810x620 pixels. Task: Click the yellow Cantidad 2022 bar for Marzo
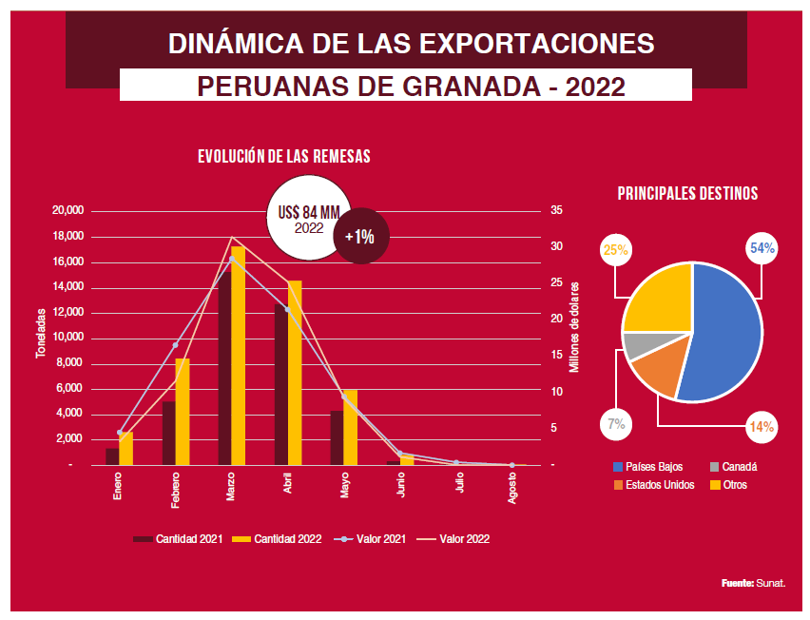pos(238,357)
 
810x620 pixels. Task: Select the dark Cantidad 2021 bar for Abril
pos(280,385)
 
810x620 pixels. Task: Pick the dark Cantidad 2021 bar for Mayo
pos(337,437)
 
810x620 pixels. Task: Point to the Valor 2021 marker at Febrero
pos(176,345)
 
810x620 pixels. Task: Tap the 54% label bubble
pos(762,249)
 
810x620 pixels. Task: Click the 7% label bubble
pos(615,424)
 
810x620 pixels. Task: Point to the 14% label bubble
pos(761,427)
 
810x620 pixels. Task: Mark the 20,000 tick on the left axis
pos(68,210)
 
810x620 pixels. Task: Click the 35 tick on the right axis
pos(557,210)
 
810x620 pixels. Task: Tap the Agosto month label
pos(513,486)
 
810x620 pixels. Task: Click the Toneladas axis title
pos(41,334)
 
